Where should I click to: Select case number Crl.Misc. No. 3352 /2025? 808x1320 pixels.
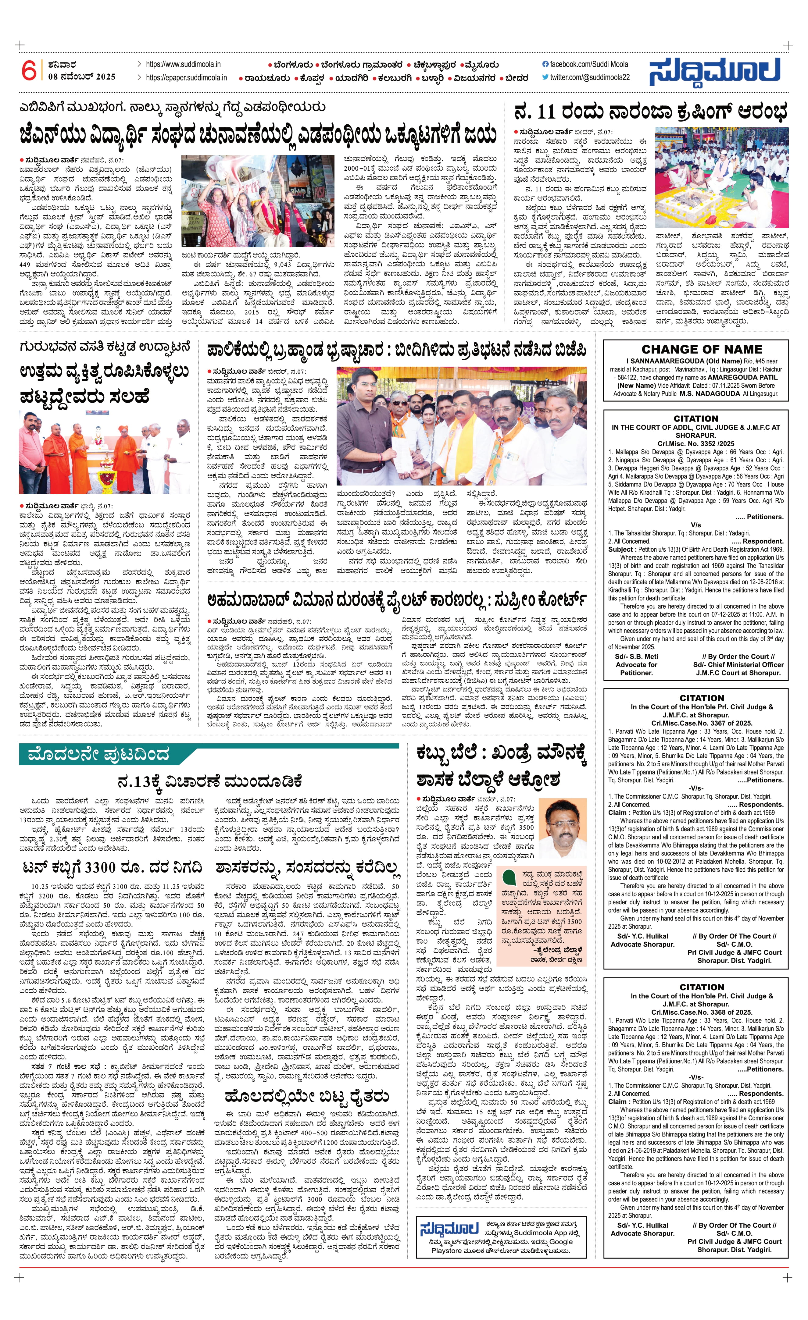tap(695, 443)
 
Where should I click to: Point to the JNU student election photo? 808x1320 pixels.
tap(258, 201)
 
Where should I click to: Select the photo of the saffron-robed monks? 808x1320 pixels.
tap(105, 453)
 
